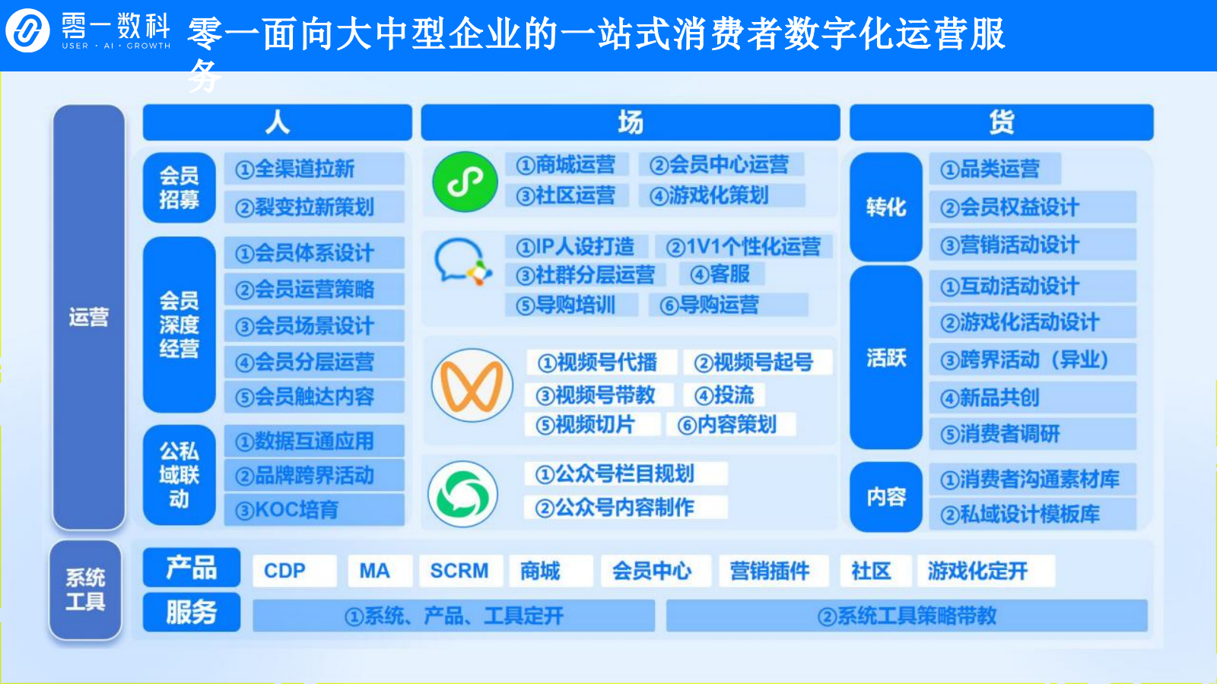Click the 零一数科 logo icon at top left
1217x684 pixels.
pyautogui.click(x=27, y=31)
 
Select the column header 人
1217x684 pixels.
pyautogui.click(x=277, y=122)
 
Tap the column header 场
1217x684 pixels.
pyautogui.click(x=630, y=122)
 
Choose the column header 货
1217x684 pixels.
pyautogui.click(x=1001, y=122)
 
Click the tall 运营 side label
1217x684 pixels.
pyautogui.click(x=88, y=317)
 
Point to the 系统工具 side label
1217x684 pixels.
pyautogui.click(x=85, y=590)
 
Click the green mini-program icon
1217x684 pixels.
pyautogui.click(x=465, y=182)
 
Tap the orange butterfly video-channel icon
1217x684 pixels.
pyautogui.click(x=472, y=385)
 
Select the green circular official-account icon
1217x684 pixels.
pyautogui.click(x=463, y=494)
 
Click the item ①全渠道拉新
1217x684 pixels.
pyautogui.click(x=313, y=169)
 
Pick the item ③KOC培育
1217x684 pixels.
pyautogui.click(x=313, y=509)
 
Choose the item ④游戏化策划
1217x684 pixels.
pyautogui.click(x=721, y=196)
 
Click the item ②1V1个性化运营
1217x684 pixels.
pyautogui.click(x=743, y=246)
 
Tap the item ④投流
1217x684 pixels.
pyautogui.click(x=724, y=395)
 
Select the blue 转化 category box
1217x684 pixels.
pyautogui.click(x=885, y=207)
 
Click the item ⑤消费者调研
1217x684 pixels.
pyautogui.click(x=1031, y=434)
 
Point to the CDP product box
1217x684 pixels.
pyautogui.click(x=294, y=571)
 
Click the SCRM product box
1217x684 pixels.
pyautogui.click(x=459, y=571)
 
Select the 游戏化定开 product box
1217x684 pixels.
pyautogui.click(x=986, y=571)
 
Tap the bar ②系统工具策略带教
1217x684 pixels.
pyautogui.click(x=907, y=616)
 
